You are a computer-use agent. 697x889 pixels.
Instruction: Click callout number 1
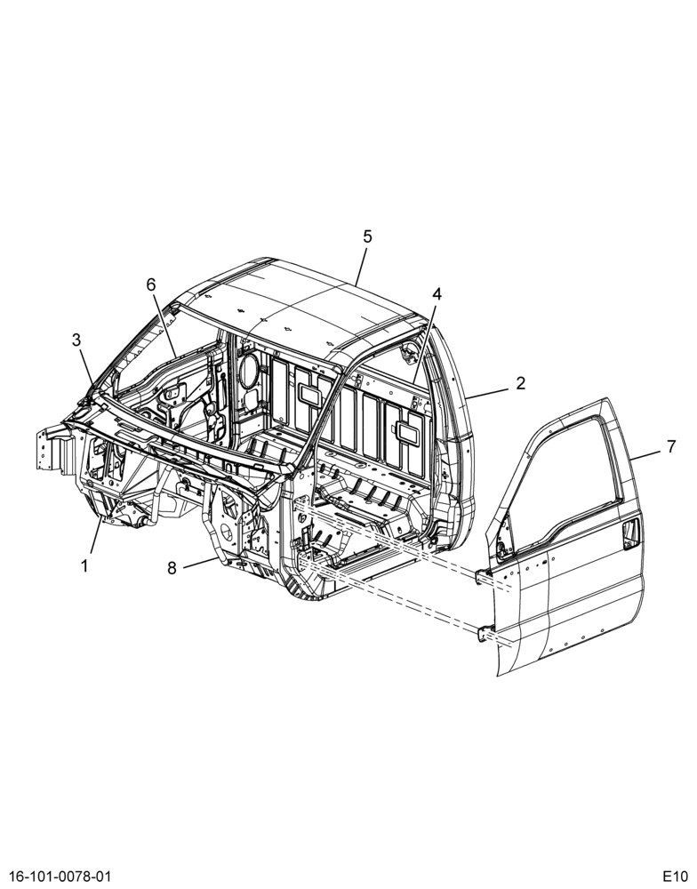point(84,565)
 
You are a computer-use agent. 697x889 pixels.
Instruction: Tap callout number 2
point(521,382)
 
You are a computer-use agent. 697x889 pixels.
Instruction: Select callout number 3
point(76,340)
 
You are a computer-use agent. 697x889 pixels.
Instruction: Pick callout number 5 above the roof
point(367,236)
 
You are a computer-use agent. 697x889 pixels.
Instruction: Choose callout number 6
point(151,284)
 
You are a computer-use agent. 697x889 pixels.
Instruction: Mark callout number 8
point(172,567)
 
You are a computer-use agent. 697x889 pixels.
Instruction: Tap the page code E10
point(675,876)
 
